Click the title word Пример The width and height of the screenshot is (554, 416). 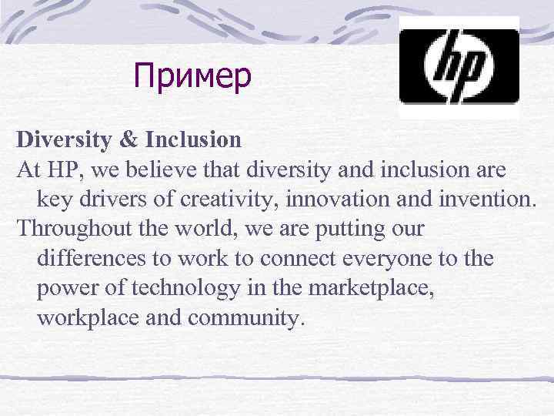[x=192, y=76]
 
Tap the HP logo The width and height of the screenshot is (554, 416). [x=459, y=68]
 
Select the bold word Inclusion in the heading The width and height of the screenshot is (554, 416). [x=192, y=140]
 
